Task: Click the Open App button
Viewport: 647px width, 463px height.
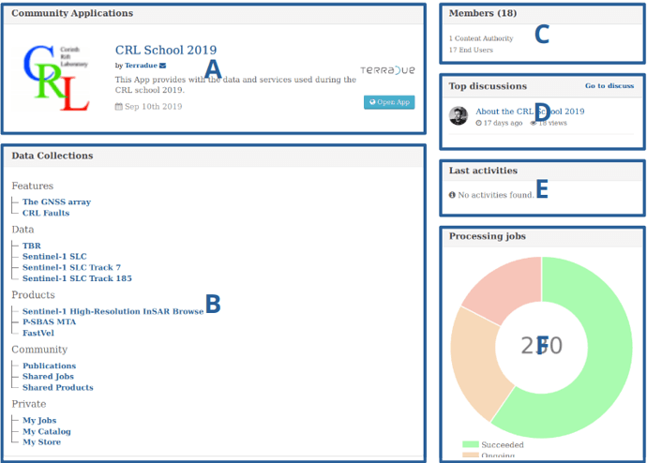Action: pos(388,102)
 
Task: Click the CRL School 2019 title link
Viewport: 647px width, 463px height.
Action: pos(165,51)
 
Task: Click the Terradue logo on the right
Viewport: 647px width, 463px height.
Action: pos(387,70)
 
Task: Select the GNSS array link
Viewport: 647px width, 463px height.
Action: pos(56,202)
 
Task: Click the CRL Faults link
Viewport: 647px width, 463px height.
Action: pos(46,213)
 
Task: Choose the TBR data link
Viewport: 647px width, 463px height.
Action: pos(32,246)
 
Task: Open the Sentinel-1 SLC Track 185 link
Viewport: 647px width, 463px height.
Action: pos(77,278)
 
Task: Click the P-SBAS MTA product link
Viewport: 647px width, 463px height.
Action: pos(50,321)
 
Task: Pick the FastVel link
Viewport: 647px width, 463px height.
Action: pos(38,332)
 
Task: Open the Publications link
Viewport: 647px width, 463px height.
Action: pos(49,366)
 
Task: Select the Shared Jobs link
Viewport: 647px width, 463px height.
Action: pos(48,376)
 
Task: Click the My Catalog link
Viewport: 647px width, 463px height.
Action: pos(47,431)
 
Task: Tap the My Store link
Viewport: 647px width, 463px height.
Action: pos(41,441)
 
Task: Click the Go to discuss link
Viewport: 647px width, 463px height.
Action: pos(609,86)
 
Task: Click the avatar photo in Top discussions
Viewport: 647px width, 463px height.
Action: pos(459,116)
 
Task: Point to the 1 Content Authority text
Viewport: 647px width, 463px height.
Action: pos(481,38)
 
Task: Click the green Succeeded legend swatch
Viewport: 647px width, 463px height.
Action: pos(470,443)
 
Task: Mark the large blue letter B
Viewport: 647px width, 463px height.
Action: pos(213,304)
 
